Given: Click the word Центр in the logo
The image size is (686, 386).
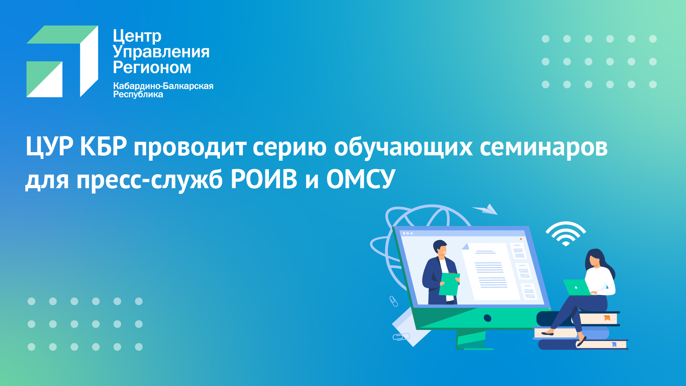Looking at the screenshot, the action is (x=137, y=36).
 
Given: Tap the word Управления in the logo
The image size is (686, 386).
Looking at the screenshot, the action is (x=161, y=52).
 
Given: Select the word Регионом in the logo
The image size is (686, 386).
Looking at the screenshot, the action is (x=152, y=67).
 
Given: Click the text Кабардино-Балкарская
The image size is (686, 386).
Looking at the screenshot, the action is (x=163, y=86).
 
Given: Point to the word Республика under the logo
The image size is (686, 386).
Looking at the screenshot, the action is (x=138, y=94).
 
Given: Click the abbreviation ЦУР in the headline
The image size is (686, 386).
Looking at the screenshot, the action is (x=50, y=146).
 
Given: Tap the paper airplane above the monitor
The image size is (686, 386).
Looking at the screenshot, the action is (x=485, y=209).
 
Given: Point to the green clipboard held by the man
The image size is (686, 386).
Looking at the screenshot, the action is (x=449, y=284).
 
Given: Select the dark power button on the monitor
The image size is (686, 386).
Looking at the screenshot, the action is (x=487, y=318).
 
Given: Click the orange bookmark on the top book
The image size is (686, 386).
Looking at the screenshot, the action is (x=607, y=317).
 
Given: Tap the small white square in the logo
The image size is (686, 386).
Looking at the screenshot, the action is (x=45, y=79).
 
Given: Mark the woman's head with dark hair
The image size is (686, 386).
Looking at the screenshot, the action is (x=595, y=258).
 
